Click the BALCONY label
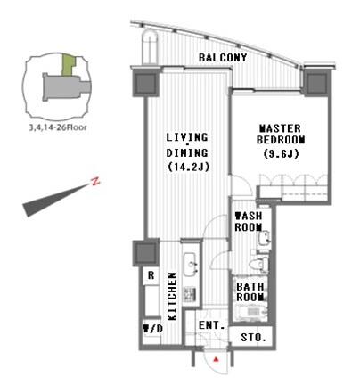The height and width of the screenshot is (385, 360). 223,57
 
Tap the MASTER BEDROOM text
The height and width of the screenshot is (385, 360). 281,134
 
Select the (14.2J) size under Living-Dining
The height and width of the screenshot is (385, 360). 189,167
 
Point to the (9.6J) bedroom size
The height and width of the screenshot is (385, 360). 281,154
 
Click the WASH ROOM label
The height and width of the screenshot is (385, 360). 249,221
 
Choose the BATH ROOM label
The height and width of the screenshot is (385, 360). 250,291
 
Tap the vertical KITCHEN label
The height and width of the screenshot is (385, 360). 172,296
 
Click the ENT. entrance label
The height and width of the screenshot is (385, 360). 211,325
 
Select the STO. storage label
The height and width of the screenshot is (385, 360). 253,337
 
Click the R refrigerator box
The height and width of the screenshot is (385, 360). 151,276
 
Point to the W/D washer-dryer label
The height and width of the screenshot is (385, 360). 153,329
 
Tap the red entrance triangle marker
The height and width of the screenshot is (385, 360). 216,359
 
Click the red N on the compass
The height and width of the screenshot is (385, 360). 95,181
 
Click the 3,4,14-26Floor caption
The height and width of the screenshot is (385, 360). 58,127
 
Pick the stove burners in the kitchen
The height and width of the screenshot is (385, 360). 190,293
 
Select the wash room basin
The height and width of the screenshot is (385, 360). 264,238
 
